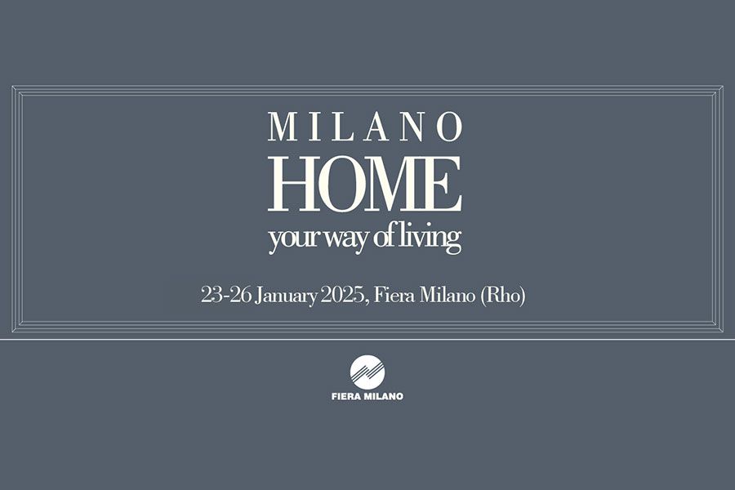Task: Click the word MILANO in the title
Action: [x=365, y=127]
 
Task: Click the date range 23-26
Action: [x=225, y=296]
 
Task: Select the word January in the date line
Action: [x=285, y=296]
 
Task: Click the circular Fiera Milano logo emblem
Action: [x=367, y=373]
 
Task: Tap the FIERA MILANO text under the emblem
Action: [x=367, y=397]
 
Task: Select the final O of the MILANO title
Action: [x=449, y=127]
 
